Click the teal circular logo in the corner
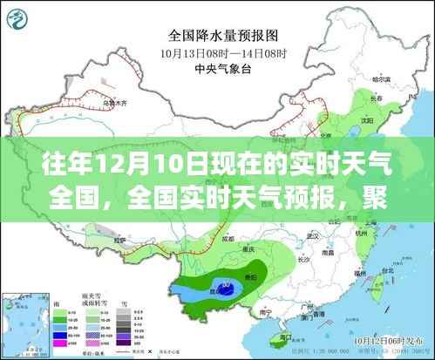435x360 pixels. pos(22,17)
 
